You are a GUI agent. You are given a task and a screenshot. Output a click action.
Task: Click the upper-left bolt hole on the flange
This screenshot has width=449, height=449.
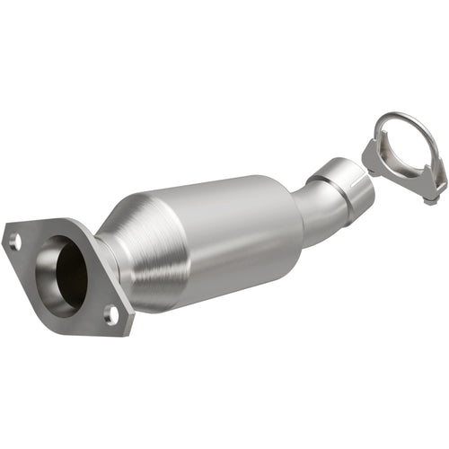[15, 241]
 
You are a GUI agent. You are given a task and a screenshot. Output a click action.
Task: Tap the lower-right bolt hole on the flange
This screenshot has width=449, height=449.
[110, 313]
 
